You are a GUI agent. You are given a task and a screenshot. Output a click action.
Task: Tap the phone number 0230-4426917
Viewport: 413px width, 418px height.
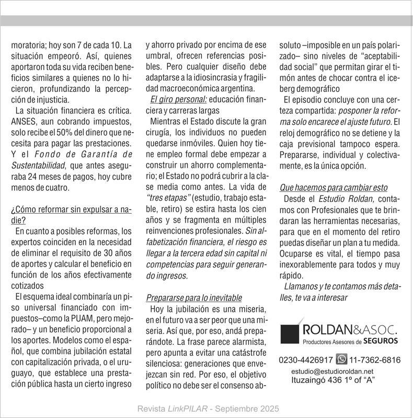pos(306,360)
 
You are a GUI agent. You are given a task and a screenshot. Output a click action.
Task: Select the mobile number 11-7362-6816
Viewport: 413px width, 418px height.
pos(375,360)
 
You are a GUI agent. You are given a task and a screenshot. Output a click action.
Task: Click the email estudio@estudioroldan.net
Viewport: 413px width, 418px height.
pos(332,371)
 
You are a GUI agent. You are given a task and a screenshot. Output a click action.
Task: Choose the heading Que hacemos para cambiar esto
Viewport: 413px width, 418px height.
pos(337,187)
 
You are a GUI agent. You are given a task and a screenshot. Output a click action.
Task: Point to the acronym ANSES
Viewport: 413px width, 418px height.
pos(24,121)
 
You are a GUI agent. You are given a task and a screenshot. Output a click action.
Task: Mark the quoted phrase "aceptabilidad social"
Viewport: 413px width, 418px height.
pos(345,62)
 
